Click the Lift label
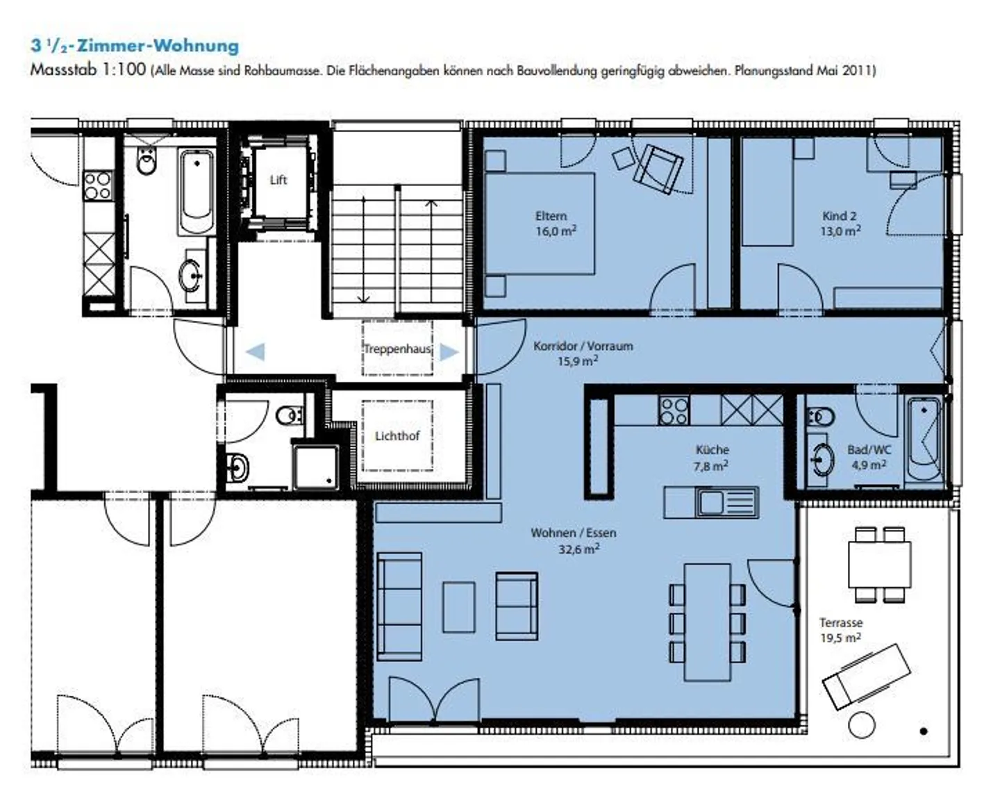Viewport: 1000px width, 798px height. click(278, 180)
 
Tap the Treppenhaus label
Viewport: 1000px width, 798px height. click(398, 349)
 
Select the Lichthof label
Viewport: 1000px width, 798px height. click(397, 436)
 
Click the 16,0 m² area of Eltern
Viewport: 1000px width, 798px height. click(556, 231)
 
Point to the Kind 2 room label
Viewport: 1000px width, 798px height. click(839, 216)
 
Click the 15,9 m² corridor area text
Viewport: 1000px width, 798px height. click(578, 361)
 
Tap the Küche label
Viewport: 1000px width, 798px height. click(712, 449)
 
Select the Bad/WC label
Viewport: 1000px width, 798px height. click(869, 449)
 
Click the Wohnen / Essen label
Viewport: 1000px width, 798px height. click(574, 533)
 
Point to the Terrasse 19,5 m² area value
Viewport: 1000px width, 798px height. click(840, 638)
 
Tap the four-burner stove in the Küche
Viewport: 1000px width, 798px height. click(674, 410)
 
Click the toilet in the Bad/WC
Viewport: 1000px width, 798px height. click(821, 417)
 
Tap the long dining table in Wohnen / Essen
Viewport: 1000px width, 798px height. click(707, 622)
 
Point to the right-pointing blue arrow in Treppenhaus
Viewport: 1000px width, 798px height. click(449, 352)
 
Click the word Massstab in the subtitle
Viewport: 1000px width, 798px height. click(64, 70)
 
